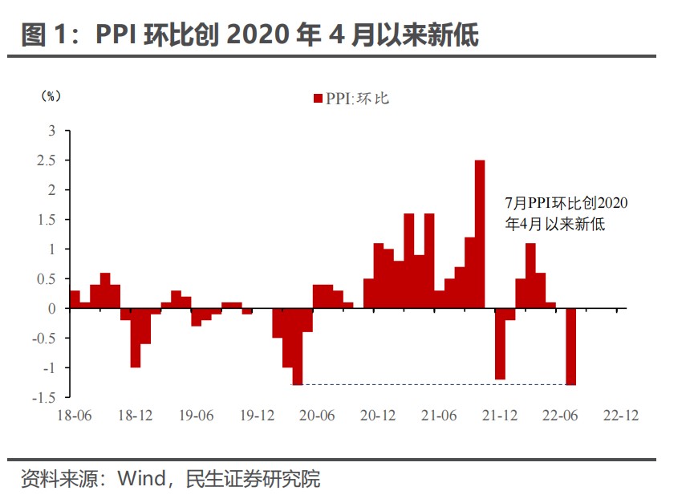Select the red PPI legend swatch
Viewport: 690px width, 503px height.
[x=318, y=99]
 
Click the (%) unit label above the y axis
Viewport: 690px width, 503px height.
[x=50, y=95]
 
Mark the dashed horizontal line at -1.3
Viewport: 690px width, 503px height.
[x=433, y=385]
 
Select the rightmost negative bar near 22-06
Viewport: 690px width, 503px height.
[x=570, y=347]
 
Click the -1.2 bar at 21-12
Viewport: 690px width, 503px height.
[x=500, y=343]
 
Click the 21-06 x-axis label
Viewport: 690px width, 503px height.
[x=439, y=416]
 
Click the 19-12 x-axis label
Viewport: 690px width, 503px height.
[x=257, y=416]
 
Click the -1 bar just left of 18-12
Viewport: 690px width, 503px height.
[x=136, y=338]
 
